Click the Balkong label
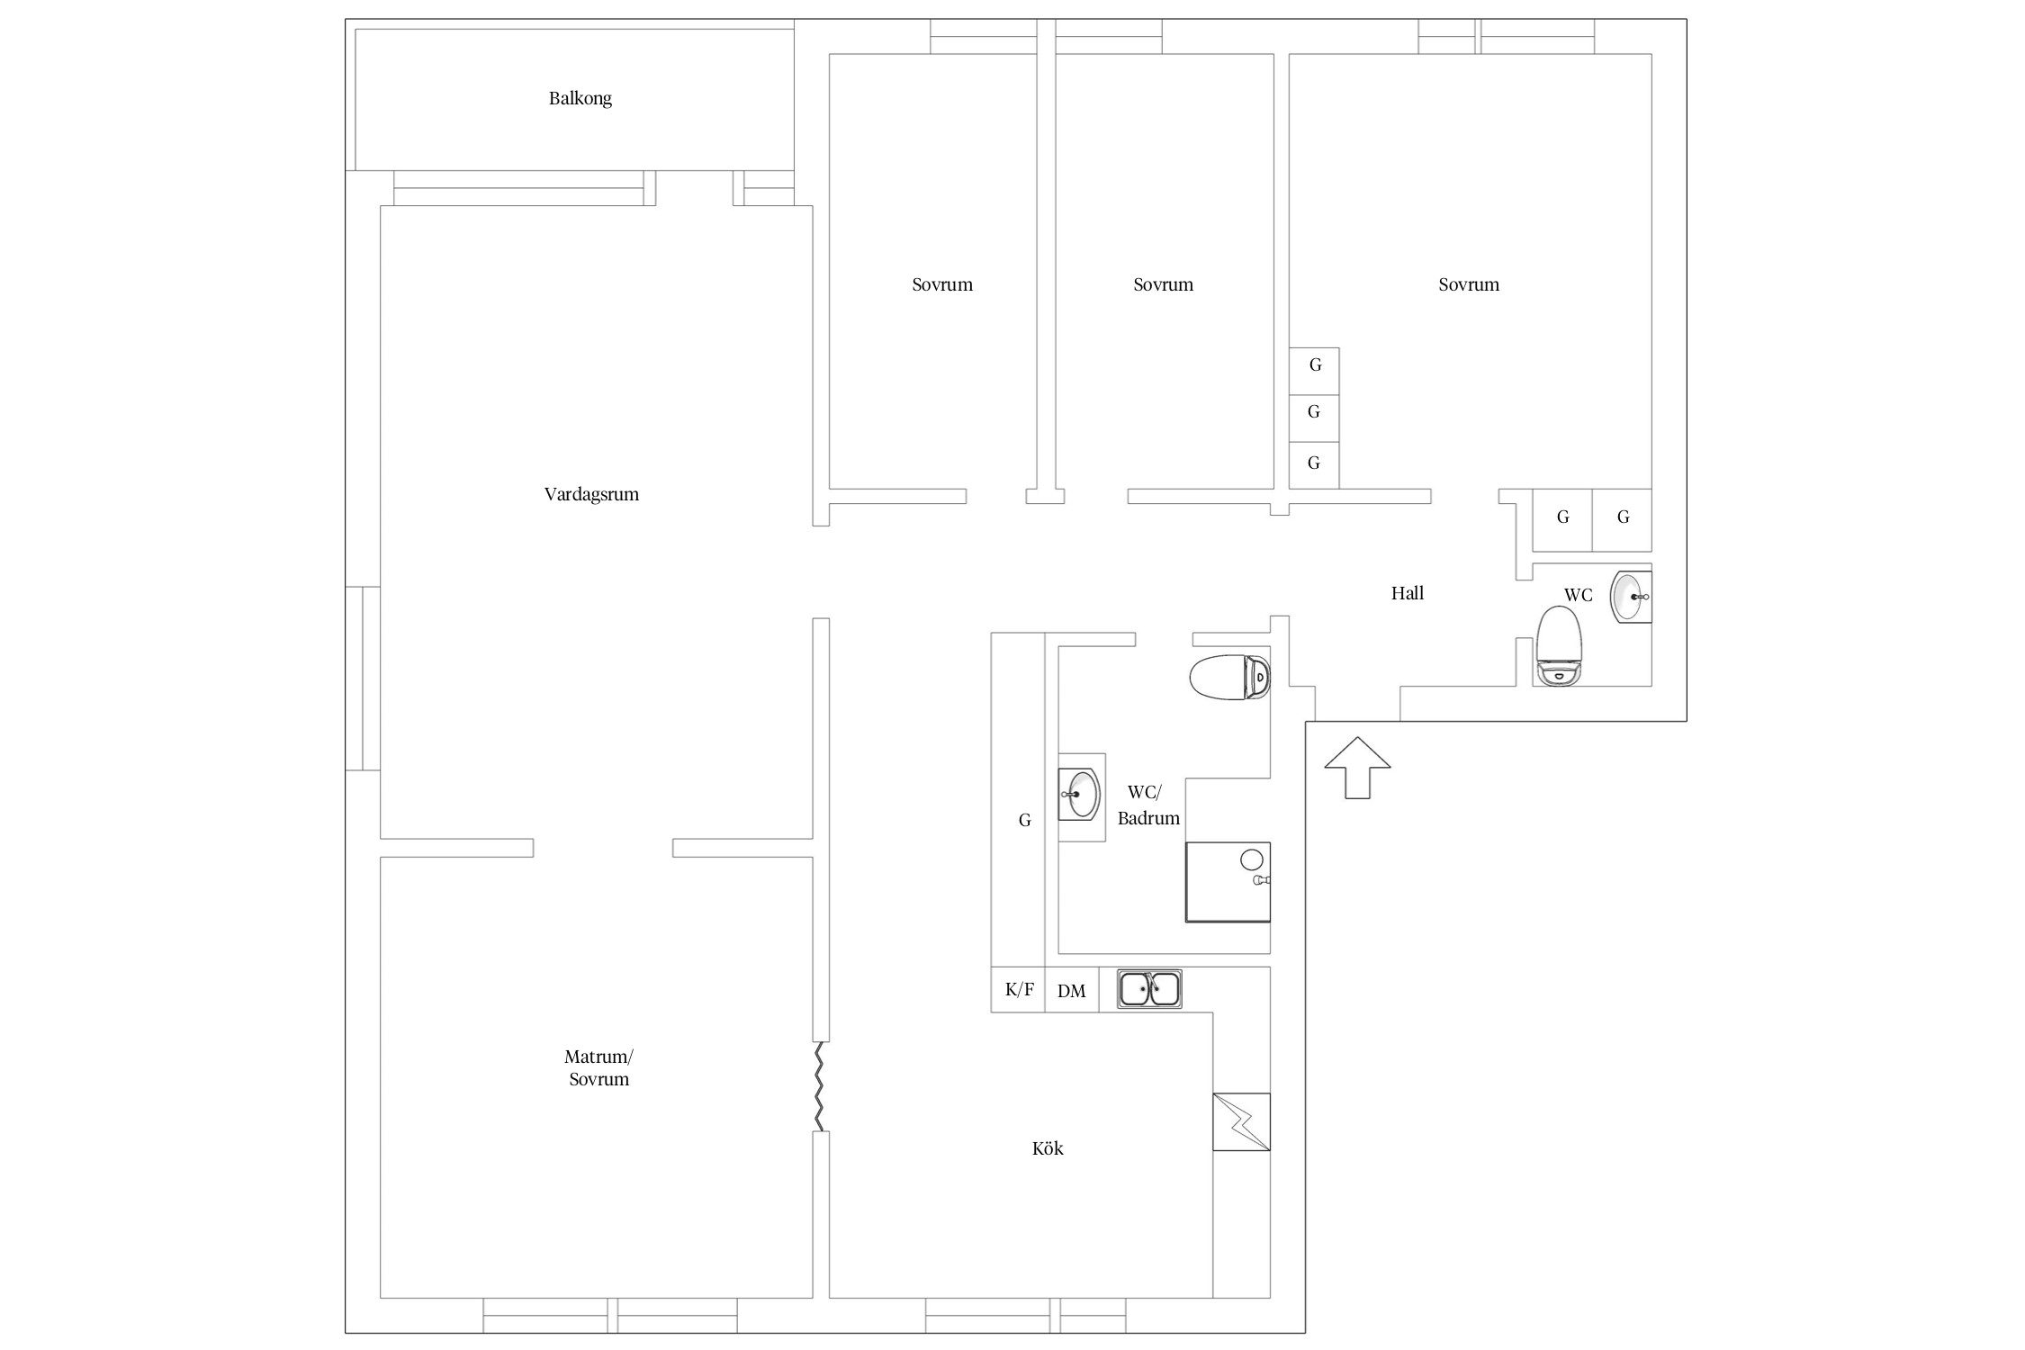point(580,98)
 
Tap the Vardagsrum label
point(591,494)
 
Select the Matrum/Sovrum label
point(598,1067)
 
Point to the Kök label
point(1048,1148)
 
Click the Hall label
point(1408,593)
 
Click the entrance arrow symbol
point(1357,768)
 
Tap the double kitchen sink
point(1149,989)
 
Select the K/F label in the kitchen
point(1019,990)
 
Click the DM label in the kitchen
point(1071,991)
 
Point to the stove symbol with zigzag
point(1241,1121)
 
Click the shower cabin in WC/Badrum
point(1228,882)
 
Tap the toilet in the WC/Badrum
point(1229,678)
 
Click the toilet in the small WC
point(1559,646)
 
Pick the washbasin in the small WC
point(1631,597)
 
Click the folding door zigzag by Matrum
point(819,1086)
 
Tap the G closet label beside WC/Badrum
point(1024,820)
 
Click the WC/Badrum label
point(1148,805)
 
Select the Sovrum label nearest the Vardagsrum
point(942,284)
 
